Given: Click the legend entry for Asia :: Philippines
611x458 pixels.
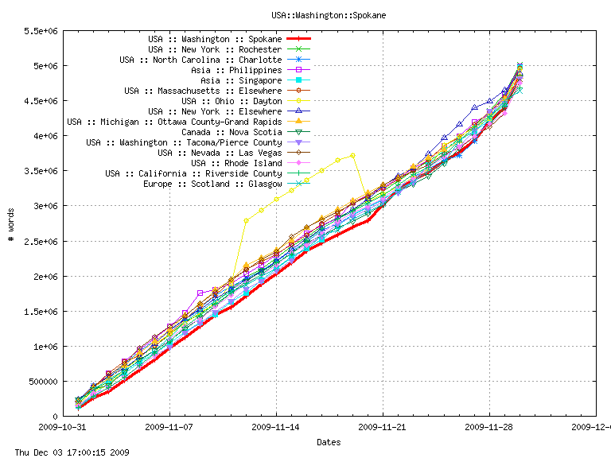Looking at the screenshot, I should pos(236,70).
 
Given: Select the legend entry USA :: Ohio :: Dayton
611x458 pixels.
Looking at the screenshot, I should pos(232,101).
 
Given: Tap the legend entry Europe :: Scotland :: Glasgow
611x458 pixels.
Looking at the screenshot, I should pos(212,184).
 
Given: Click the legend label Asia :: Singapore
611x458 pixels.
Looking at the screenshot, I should pos(241,80).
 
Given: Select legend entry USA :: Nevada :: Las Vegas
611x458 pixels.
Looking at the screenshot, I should pos(220,153).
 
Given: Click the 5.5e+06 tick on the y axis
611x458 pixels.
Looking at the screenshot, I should pos(39,31).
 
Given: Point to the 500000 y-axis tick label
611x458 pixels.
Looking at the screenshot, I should pos(39,381).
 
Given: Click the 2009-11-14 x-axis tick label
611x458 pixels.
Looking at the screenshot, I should pos(276,426).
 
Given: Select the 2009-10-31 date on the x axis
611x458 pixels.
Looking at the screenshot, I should pos(63,426).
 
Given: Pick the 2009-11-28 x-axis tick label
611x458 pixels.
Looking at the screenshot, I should pos(489,426).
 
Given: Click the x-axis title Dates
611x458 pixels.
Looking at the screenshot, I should pos(329,441).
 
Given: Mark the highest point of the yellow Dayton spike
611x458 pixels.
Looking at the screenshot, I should pos(352,155).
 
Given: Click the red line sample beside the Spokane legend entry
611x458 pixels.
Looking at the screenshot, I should pos(298,39).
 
